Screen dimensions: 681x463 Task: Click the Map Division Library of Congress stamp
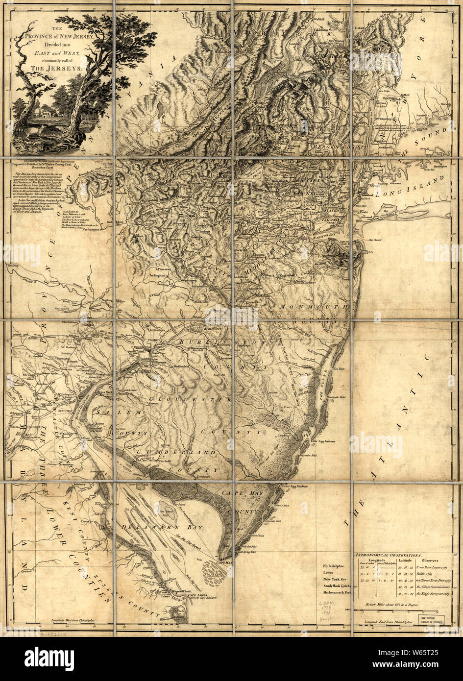click(x=432, y=619)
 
